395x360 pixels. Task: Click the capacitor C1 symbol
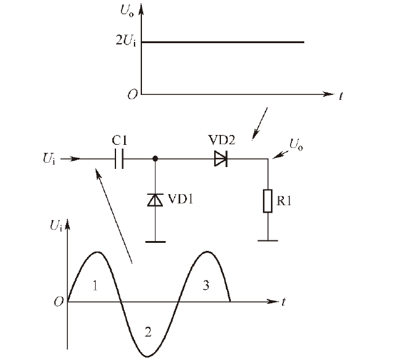pos(119,159)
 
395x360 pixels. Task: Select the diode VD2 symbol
pos(221,159)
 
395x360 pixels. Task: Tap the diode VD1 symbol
pos(155,200)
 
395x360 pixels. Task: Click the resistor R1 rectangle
pos(268,201)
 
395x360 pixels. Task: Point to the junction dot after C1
pos(155,158)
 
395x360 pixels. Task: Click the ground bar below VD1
pos(156,242)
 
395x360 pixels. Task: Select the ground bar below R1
pos(268,241)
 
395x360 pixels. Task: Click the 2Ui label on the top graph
pos(126,40)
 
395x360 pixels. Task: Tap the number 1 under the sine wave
pos(95,285)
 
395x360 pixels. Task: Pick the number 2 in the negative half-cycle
pos(148,332)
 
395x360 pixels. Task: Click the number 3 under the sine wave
pos(206,285)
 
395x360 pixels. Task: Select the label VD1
pos(180,199)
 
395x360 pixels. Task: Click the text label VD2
pos(222,140)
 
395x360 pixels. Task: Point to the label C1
pos(120,141)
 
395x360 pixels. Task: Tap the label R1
pos(284,201)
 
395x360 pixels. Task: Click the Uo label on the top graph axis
pos(127,11)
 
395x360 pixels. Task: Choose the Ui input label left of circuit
pos(49,158)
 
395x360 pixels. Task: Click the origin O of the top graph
pos(133,94)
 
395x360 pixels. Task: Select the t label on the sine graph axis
pos(284,301)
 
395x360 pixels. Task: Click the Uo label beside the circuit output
pos(296,145)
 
